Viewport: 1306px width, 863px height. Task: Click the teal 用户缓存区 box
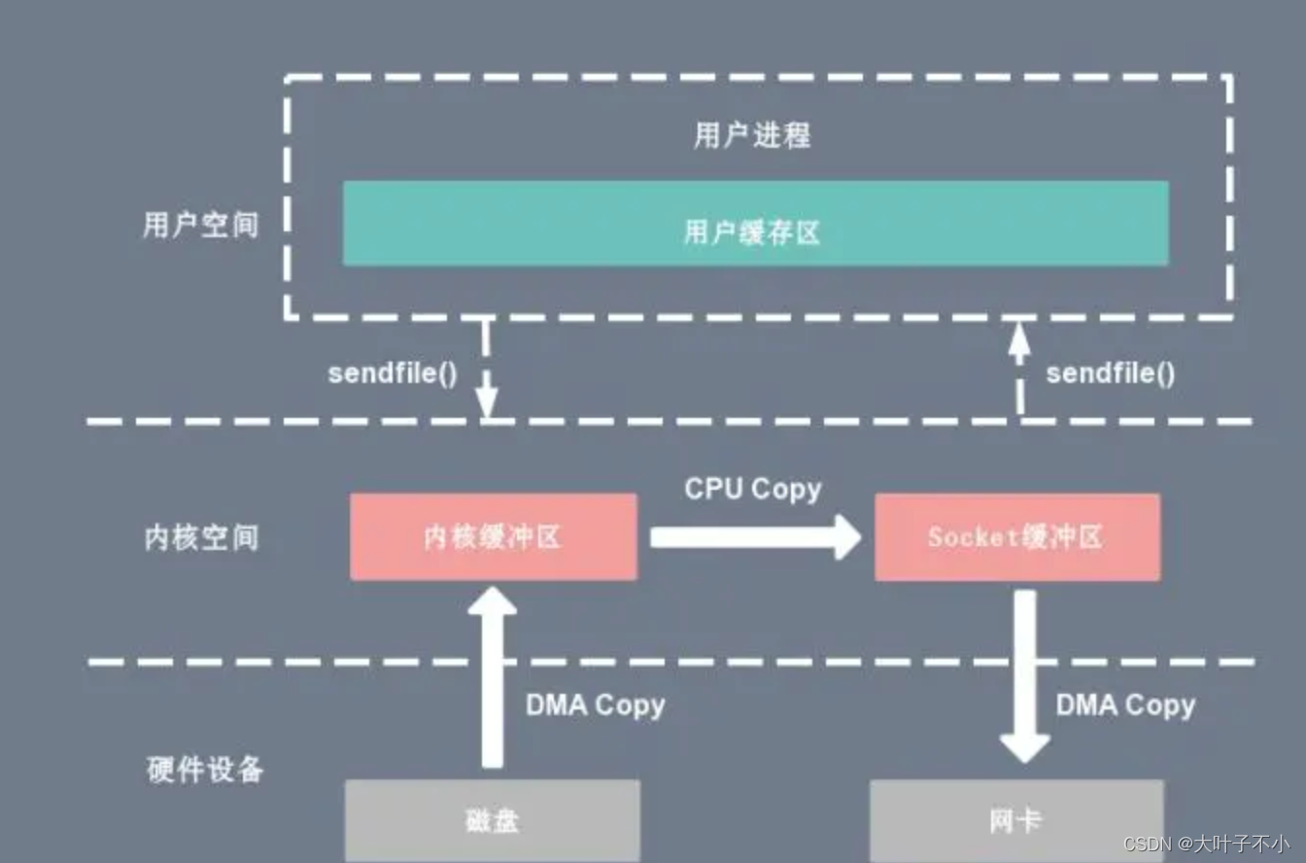tap(755, 223)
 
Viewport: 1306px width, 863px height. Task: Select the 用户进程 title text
tap(751, 136)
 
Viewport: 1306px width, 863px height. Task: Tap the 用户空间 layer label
tap(201, 225)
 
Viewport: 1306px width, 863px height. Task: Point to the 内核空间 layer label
tap(201, 537)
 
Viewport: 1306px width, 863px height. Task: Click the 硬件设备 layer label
tap(205, 770)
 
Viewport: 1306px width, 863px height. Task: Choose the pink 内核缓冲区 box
tap(493, 536)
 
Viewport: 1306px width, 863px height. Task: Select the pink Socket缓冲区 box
tap(1016, 536)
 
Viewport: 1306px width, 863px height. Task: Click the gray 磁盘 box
tap(492, 820)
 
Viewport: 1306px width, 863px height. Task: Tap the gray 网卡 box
tap(1016, 820)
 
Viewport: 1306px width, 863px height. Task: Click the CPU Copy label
tap(753, 488)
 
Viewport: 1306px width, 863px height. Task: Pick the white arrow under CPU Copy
tap(755, 537)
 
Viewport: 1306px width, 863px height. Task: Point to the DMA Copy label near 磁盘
tap(595, 705)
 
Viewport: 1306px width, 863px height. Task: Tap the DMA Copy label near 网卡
tap(1125, 705)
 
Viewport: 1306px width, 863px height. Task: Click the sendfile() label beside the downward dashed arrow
tap(393, 374)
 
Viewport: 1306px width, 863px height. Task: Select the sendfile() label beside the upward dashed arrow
tap(1110, 374)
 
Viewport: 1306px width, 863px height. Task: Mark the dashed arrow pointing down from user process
tap(487, 369)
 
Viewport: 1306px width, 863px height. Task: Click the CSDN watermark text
tap(1205, 844)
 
